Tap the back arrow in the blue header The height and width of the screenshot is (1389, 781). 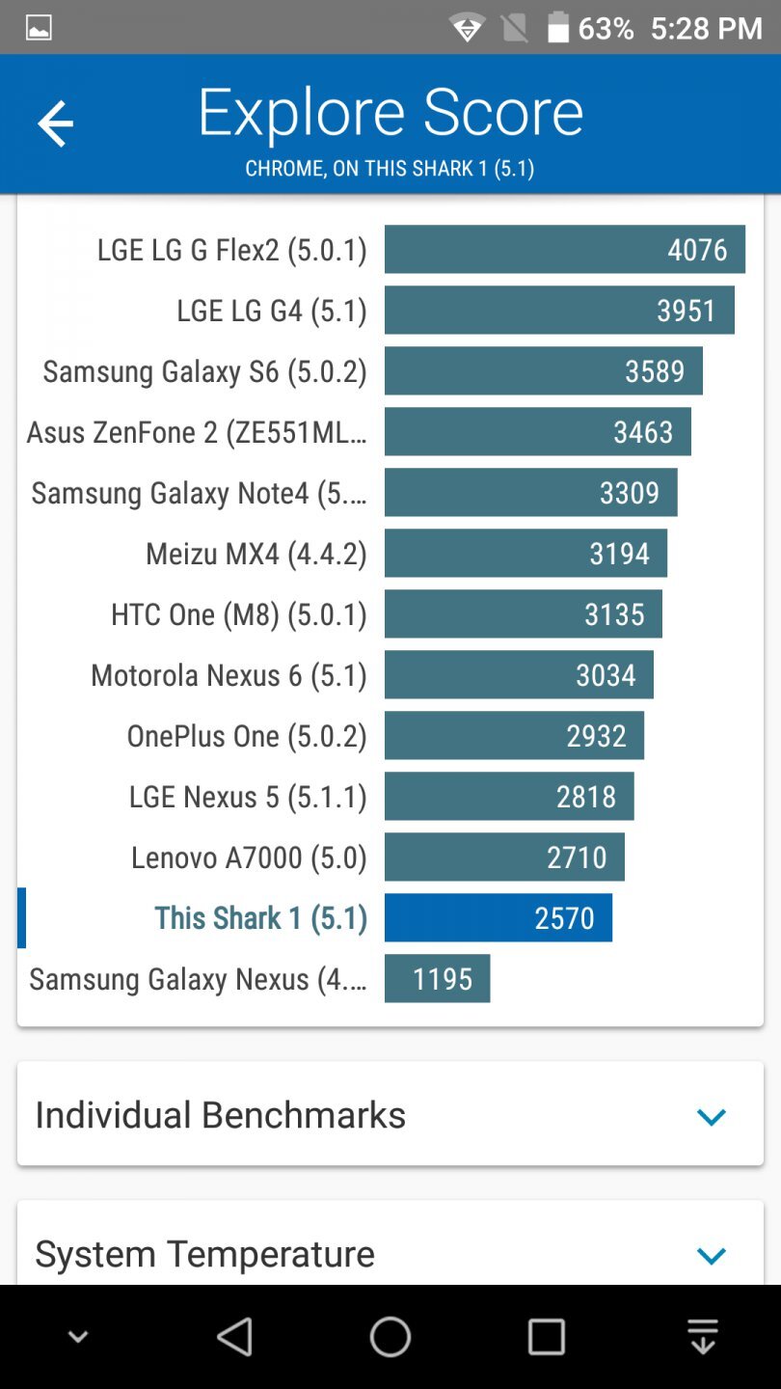pyautogui.click(x=55, y=124)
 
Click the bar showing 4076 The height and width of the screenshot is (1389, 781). pyautogui.click(x=564, y=250)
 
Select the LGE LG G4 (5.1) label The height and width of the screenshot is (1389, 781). pyautogui.click(x=271, y=311)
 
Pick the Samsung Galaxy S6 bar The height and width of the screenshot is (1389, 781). pyautogui.click(x=543, y=371)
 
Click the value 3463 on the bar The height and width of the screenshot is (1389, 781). pyautogui.click(x=643, y=432)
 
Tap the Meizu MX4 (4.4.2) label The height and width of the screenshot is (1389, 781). pyautogui.click(x=256, y=554)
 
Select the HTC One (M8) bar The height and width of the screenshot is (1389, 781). pyautogui.click(x=523, y=614)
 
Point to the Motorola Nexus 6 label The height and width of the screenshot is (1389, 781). pyautogui.click(x=229, y=675)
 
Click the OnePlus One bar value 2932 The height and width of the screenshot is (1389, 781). pyautogui.click(x=596, y=736)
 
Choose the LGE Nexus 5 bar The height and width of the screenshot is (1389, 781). pyautogui.click(x=509, y=797)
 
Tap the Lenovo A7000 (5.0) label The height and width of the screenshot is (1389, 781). pyautogui.click(x=249, y=858)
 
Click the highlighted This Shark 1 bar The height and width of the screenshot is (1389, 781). pyautogui.click(x=498, y=918)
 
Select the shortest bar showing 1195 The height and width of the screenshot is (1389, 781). pyautogui.click(x=437, y=979)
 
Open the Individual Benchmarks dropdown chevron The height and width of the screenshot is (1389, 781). pyautogui.click(x=711, y=1117)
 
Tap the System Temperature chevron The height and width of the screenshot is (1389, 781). pyautogui.click(x=711, y=1256)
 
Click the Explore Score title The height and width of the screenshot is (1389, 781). pyautogui.click(x=390, y=113)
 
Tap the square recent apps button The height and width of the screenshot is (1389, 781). pyautogui.click(x=546, y=1338)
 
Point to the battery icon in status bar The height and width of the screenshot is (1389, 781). pyautogui.click(x=558, y=28)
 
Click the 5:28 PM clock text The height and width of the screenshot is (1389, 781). pyautogui.click(x=706, y=28)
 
